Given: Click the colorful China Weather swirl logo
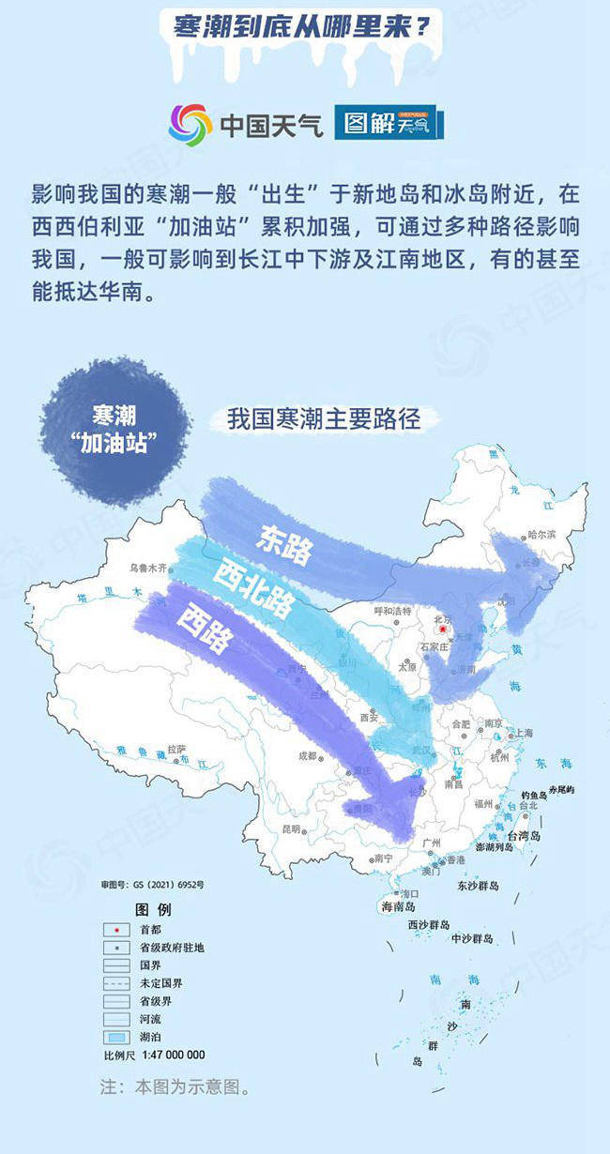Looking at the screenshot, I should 191,124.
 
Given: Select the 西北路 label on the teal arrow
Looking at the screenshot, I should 253,588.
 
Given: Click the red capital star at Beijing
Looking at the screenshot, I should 443,631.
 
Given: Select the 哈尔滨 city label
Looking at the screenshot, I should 542,534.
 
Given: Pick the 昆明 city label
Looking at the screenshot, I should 292,829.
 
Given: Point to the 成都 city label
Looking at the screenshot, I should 309,755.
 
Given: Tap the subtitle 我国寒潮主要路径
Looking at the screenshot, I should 322,419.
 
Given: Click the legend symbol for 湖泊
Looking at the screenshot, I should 116,1038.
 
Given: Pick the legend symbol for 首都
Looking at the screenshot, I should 116,930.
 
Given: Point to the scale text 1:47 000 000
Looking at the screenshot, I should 170,1055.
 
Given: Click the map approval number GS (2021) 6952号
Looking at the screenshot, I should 153,884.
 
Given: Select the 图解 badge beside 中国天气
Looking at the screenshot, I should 388,123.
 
